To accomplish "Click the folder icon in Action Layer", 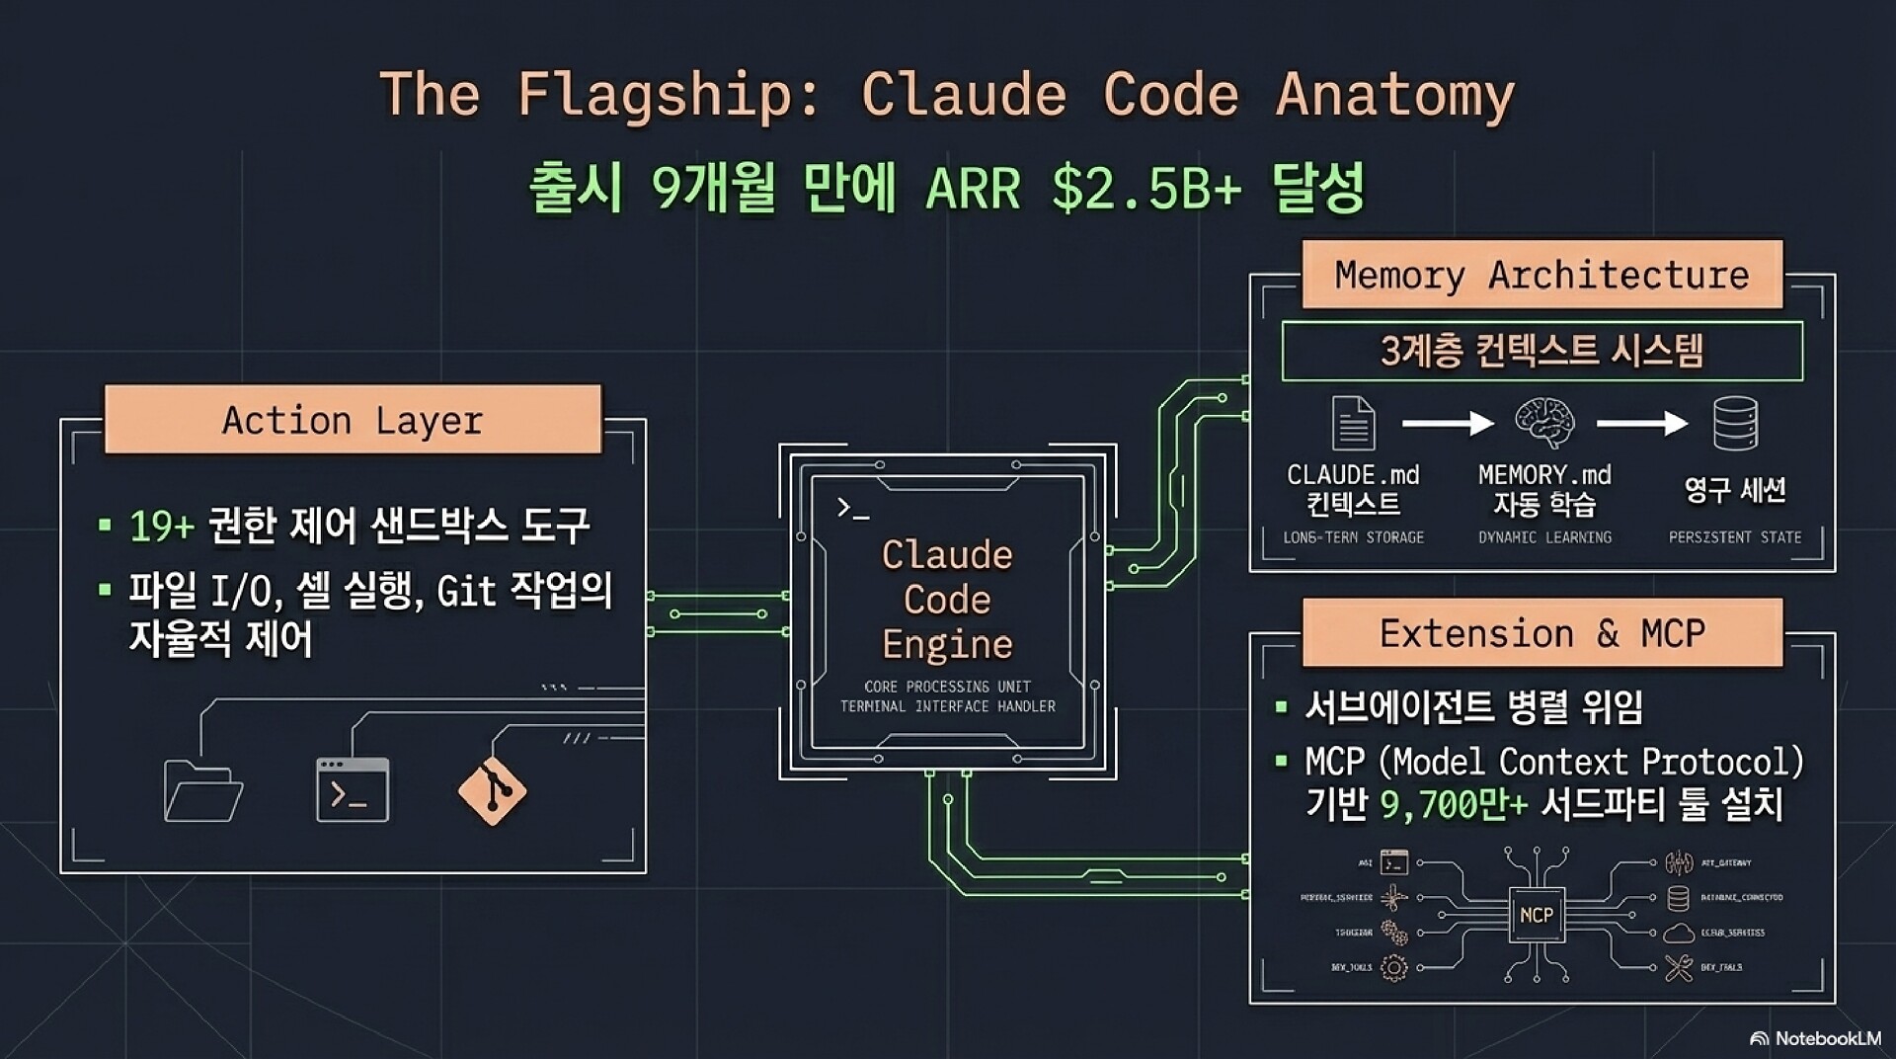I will coord(202,790).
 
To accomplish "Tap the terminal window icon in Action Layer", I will coord(353,790).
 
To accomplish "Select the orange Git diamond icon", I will coord(492,790).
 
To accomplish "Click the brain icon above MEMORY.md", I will coord(1544,423).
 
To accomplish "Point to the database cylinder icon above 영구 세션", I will coord(1735,423).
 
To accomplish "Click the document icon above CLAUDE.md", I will coord(1353,423).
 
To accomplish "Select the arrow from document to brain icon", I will coord(1448,424).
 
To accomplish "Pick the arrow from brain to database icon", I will coord(1641,424).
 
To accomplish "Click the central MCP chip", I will coord(1536,915).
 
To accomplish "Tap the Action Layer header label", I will coord(353,420).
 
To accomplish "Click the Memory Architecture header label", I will coord(1541,275).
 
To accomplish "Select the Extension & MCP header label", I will coord(1541,633).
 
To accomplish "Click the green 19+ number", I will coord(162,527).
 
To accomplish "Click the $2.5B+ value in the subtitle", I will coord(1145,188).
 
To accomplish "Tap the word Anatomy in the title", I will coord(1394,95).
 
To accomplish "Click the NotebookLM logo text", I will coord(1827,1038).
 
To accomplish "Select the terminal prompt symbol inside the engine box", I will coord(852,509).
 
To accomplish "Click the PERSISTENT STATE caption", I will coord(1735,537).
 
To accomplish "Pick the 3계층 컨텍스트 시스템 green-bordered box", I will coord(1541,351).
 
